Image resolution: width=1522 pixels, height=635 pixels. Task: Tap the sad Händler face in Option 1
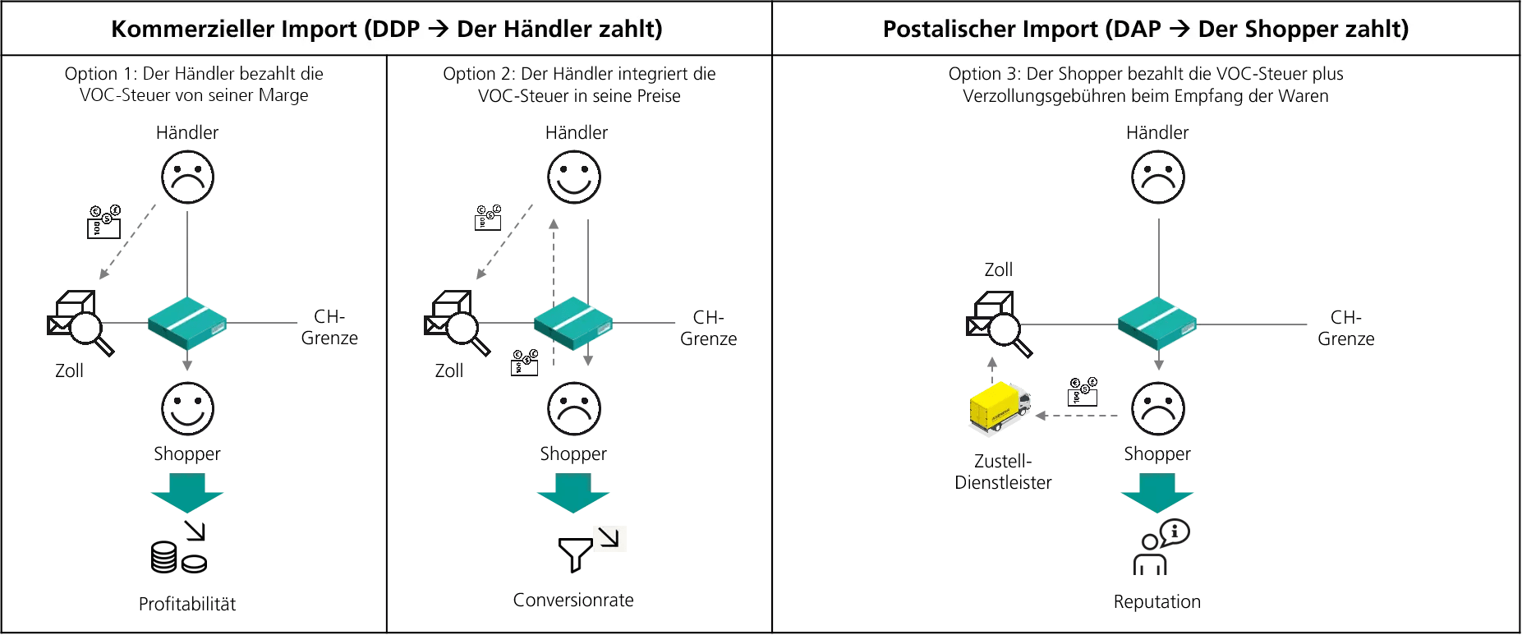click(187, 177)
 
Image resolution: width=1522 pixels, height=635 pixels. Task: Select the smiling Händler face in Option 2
click(574, 177)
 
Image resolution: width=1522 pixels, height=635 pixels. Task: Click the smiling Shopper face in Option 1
click(187, 408)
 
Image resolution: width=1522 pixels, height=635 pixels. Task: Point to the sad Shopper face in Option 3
click(1157, 408)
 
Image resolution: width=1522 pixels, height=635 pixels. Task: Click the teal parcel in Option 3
click(1156, 324)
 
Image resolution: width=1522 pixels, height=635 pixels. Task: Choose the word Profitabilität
click(187, 605)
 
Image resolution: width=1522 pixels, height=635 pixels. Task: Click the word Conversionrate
click(573, 600)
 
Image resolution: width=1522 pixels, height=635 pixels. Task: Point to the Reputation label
click(1156, 602)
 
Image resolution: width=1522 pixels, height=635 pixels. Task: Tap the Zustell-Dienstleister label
click(1003, 472)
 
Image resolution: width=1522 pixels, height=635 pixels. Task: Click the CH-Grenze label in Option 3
click(1345, 328)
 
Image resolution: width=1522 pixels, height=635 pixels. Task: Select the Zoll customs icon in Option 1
click(80, 323)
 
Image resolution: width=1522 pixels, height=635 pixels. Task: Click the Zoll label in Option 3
click(998, 269)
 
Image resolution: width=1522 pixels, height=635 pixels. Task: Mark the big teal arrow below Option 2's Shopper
click(573, 493)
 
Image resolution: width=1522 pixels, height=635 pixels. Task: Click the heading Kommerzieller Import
click(386, 29)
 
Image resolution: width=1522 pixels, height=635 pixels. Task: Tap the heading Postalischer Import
click(1145, 29)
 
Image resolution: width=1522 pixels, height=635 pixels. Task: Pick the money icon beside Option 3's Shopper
click(1083, 391)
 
